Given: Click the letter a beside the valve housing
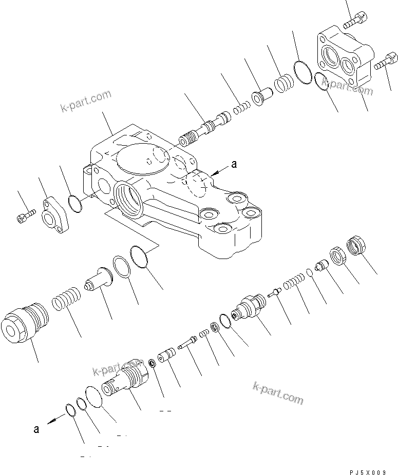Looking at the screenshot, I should click(234, 165).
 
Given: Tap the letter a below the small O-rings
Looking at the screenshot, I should click(36, 429).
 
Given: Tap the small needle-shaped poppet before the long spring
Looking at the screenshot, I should click(275, 291).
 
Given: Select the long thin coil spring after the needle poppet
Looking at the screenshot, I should click(294, 282).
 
